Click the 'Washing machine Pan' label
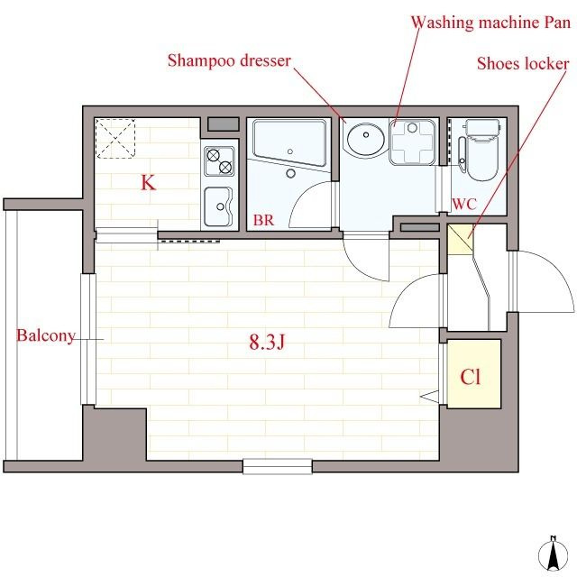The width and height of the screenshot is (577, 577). (490, 23)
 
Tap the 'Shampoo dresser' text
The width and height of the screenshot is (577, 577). (229, 61)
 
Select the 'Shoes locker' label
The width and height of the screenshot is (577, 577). (523, 64)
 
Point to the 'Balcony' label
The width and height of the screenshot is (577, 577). (46, 336)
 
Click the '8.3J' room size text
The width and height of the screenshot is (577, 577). (267, 342)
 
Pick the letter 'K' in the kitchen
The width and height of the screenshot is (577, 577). (148, 182)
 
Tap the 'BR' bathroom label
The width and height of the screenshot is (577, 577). (263, 220)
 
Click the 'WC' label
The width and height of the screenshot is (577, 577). (464, 204)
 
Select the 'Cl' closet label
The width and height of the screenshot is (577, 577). (471, 377)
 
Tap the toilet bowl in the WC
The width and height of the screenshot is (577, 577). (482, 151)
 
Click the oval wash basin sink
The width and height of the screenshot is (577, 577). (366, 140)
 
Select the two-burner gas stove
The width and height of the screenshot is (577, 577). (219, 161)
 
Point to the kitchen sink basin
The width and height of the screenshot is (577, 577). (218, 206)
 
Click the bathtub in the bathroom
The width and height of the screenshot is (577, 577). (289, 143)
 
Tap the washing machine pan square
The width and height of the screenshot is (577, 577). (413, 142)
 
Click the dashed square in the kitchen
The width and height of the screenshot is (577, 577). (115, 138)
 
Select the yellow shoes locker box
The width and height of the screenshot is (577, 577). (461, 240)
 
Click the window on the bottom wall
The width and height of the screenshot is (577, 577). (278, 466)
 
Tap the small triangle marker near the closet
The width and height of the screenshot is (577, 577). (429, 397)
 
